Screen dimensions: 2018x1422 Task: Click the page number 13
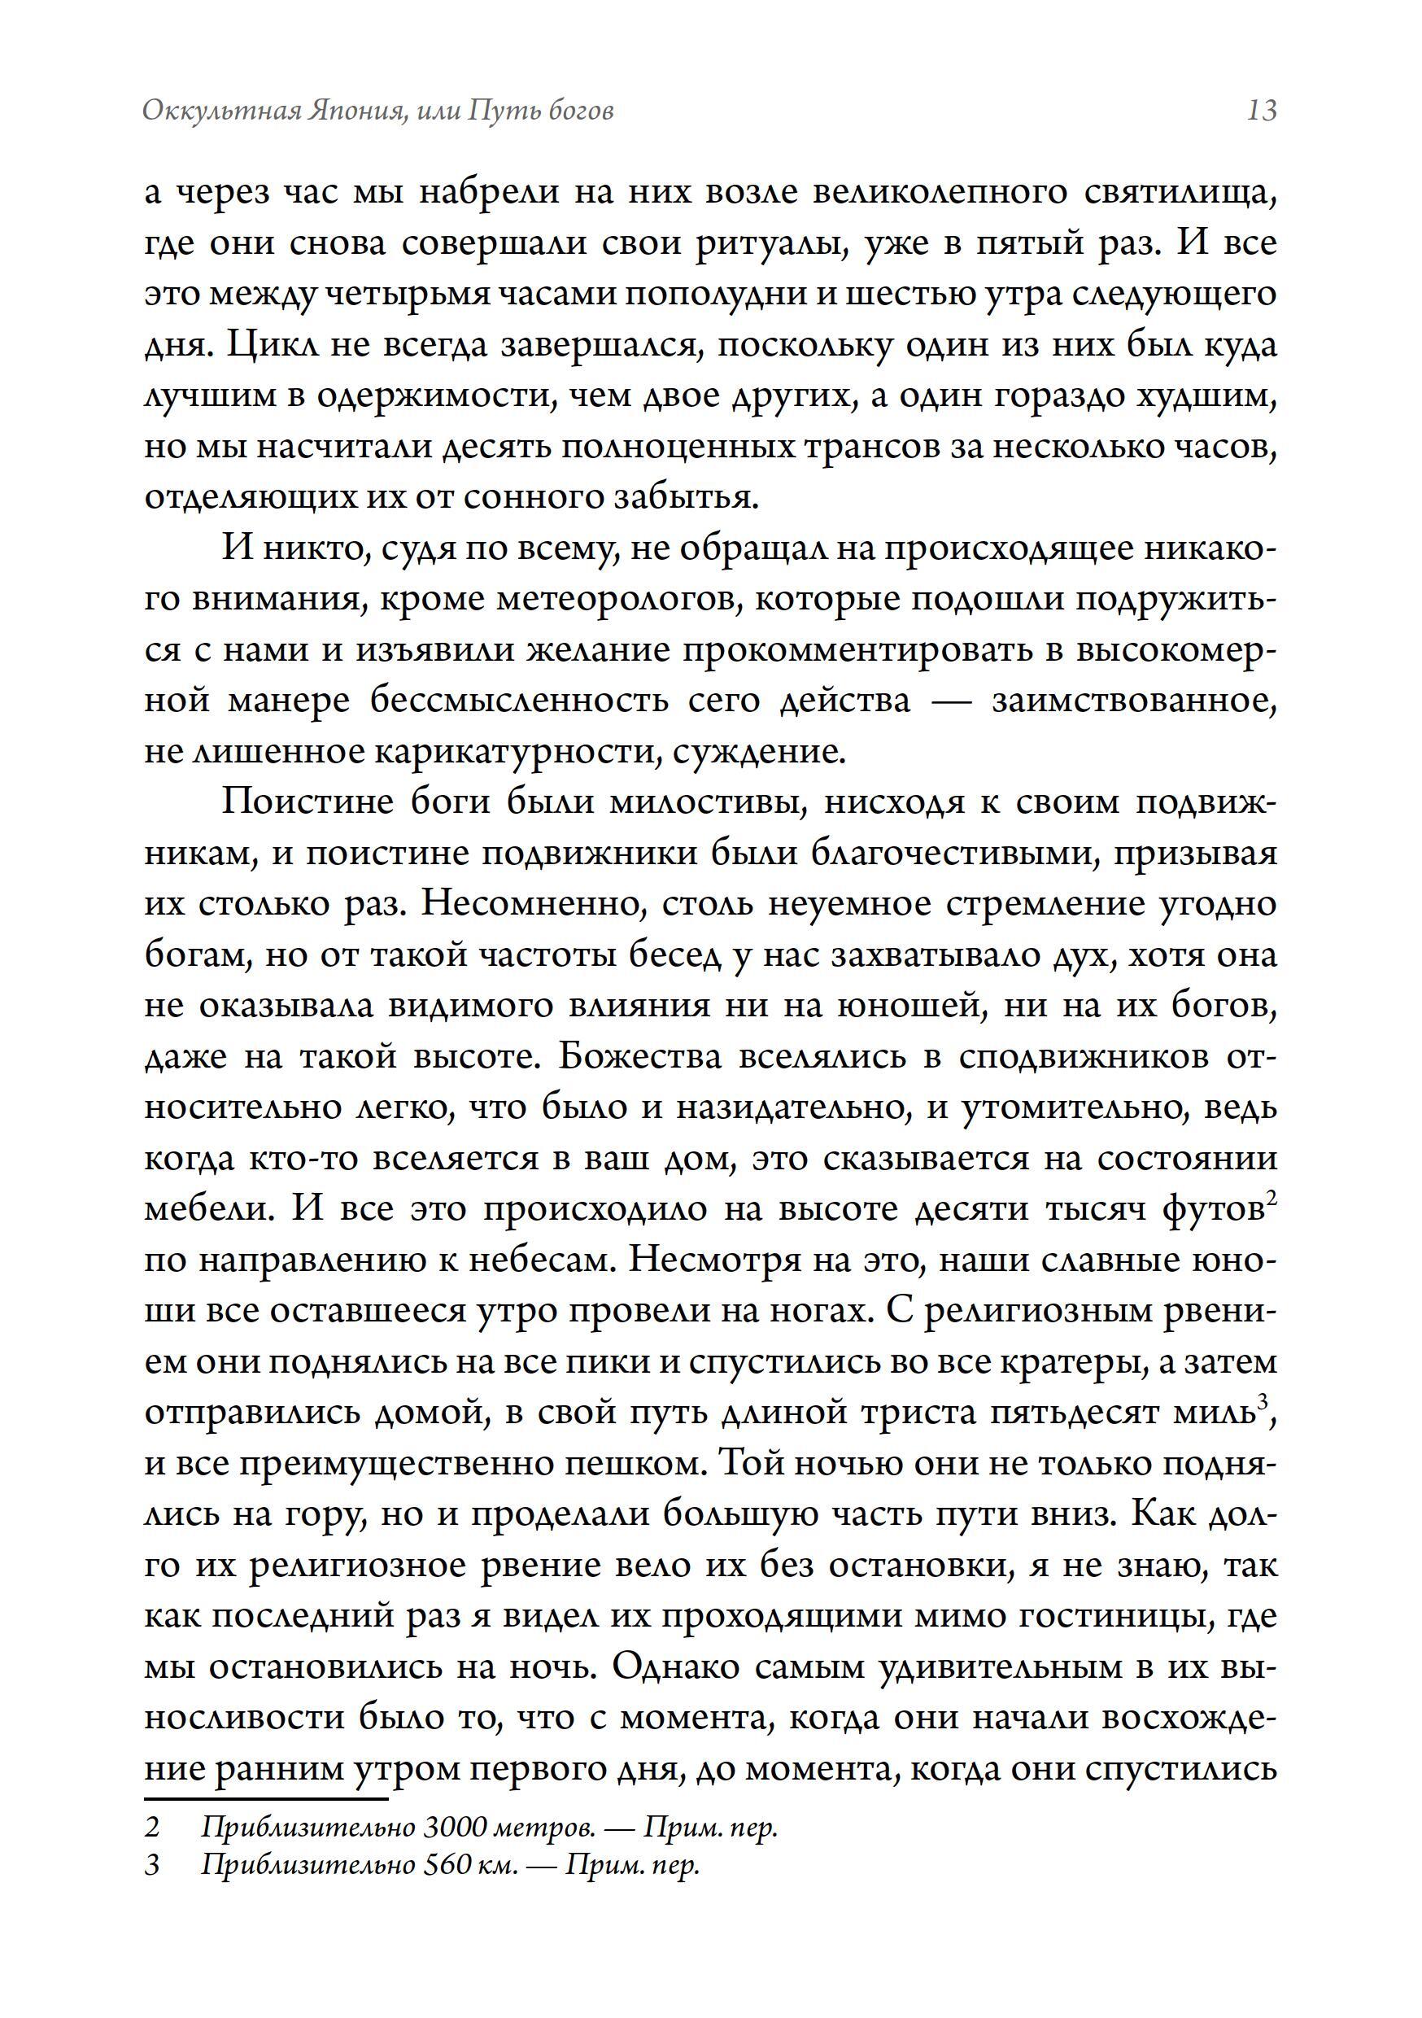click(1261, 111)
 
